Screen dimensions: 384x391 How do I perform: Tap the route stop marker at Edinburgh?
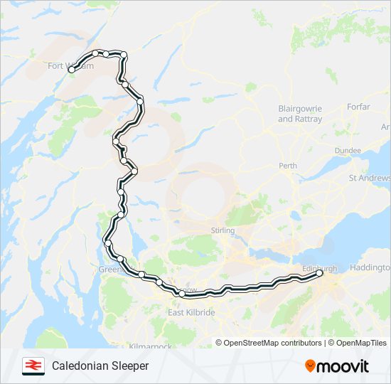pos(319,272)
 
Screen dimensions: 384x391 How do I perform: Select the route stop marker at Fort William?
pos(71,69)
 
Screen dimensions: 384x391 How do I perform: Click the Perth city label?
pos(288,166)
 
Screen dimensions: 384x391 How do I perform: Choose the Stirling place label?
pos(223,230)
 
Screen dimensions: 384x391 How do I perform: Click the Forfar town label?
pos(359,107)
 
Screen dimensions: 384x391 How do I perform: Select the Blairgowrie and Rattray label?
pos(299,113)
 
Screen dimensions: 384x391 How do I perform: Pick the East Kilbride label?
pos(191,312)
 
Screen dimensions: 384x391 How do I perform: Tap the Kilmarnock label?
pos(151,346)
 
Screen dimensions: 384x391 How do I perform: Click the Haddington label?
pos(371,267)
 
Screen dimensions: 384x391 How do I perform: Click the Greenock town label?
pos(112,270)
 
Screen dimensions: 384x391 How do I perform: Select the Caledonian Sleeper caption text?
pos(100,366)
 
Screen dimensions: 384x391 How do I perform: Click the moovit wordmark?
pos(343,366)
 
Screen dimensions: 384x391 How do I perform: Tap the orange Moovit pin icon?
pos(310,366)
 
